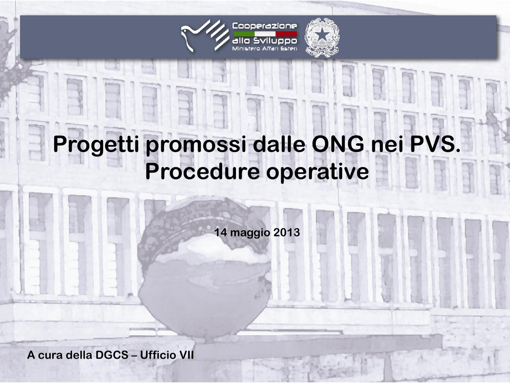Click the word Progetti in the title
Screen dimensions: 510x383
(x=97, y=145)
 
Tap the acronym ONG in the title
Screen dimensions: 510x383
(x=338, y=144)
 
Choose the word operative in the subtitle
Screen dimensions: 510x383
(x=318, y=172)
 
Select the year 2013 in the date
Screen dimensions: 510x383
(x=287, y=232)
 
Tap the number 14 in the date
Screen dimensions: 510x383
(x=220, y=232)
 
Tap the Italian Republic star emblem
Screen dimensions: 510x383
(x=322, y=37)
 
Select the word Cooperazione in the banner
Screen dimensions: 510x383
(x=265, y=26)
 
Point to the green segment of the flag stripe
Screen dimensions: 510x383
(x=244, y=33)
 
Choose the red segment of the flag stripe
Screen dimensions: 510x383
(x=286, y=33)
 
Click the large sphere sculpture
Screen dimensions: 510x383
(x=205, y=267)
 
